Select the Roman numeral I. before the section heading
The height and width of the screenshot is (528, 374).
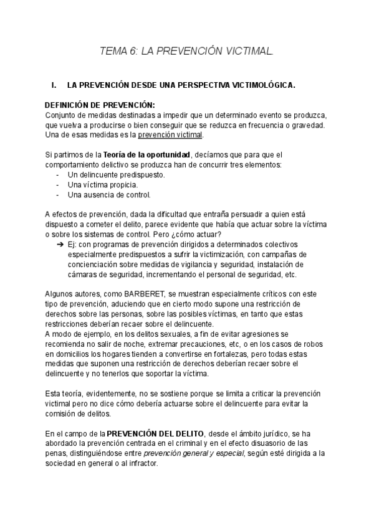[54, 85]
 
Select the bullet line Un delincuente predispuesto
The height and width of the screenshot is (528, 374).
[117, 175]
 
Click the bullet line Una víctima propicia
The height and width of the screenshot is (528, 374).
[103, 185]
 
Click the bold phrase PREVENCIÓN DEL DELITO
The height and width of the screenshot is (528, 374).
[155, 433]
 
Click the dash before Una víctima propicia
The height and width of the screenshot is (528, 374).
[58, 185]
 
